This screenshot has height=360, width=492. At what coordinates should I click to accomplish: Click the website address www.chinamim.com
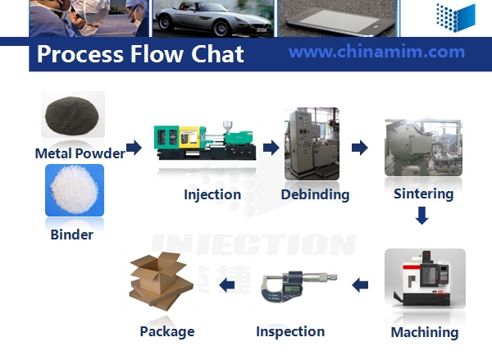(x=376, y=52)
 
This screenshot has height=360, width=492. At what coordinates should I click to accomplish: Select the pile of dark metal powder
(x=72, y=116)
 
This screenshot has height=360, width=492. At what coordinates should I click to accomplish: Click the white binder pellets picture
(x=75, y=190)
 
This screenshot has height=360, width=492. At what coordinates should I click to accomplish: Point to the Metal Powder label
(x=80, y=153)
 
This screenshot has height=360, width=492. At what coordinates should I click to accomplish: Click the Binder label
(x=72, y=235)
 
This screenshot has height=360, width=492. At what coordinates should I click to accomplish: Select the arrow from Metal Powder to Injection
(x=134, y=148)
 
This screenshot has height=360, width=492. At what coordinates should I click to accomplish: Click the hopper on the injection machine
(x=228, y=125)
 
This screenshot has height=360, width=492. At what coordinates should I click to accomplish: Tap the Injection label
(x=212, y=194)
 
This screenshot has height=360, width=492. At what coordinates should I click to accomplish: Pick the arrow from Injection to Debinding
(x=271, y=148)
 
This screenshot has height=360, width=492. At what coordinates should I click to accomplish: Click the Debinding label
(x=315, y=194)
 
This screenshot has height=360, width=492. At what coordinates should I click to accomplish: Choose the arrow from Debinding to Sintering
(x=360, y=148)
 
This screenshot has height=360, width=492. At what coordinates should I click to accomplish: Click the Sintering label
(x=424, y=194)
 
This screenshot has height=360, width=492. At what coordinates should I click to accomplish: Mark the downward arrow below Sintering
(x=422, y=216)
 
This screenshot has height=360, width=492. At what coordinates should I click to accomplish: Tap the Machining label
(x=425, y=332)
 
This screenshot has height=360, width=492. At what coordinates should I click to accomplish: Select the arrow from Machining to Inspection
(x=360, y=285)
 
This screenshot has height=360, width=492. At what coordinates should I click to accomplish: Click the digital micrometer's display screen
(x=291, y=289)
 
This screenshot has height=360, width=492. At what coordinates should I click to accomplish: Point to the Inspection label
(x=290, y=331)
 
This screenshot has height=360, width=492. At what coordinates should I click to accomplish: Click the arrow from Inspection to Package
(x=227, y=285)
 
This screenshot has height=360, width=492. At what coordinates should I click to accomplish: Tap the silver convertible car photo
(x=213, y=18)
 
